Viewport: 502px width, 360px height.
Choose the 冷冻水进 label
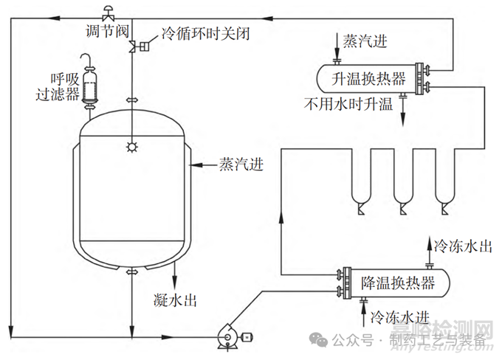click(x=400, y=319)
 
